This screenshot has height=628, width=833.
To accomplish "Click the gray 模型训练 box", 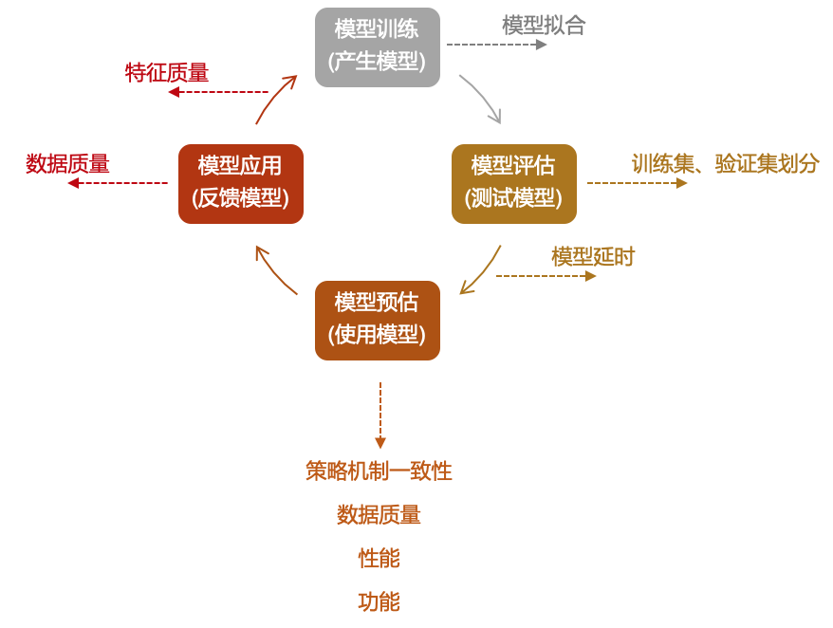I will (x=378, y=46).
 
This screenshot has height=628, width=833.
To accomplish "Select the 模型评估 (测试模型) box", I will (x=513, y=183).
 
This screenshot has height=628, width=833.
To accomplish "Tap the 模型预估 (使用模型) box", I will (x=378, y=320).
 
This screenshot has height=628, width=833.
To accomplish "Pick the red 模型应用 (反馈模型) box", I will (x=241, y=183).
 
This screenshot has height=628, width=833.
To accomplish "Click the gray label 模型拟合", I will (x=543, y=26).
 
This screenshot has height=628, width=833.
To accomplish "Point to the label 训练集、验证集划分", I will (x=725, y=163).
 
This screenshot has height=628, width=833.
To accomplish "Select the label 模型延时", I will (x=593, y=256).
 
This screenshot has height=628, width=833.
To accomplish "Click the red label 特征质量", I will (x=167, y=72).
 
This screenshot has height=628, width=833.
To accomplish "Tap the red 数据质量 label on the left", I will (x=67, y=163).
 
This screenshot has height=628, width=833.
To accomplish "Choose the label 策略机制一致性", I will (x=379, y=471).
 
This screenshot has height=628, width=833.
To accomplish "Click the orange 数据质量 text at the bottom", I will (x=379, y=514).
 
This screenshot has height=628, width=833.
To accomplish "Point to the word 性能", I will (x=379, y=558).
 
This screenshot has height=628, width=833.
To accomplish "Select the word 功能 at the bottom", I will (x=379, y=601).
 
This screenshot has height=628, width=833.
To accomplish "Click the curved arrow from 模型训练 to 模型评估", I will (x=482, y=98).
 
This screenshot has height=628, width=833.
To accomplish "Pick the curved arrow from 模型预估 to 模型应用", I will (x=273, y=271).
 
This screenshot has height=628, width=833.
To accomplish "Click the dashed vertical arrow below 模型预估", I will (x=380, y=416).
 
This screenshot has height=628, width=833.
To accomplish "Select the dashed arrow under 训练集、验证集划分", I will (x=637, y=183).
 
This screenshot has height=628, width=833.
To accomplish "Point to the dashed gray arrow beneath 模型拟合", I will (x=496, y=44).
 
